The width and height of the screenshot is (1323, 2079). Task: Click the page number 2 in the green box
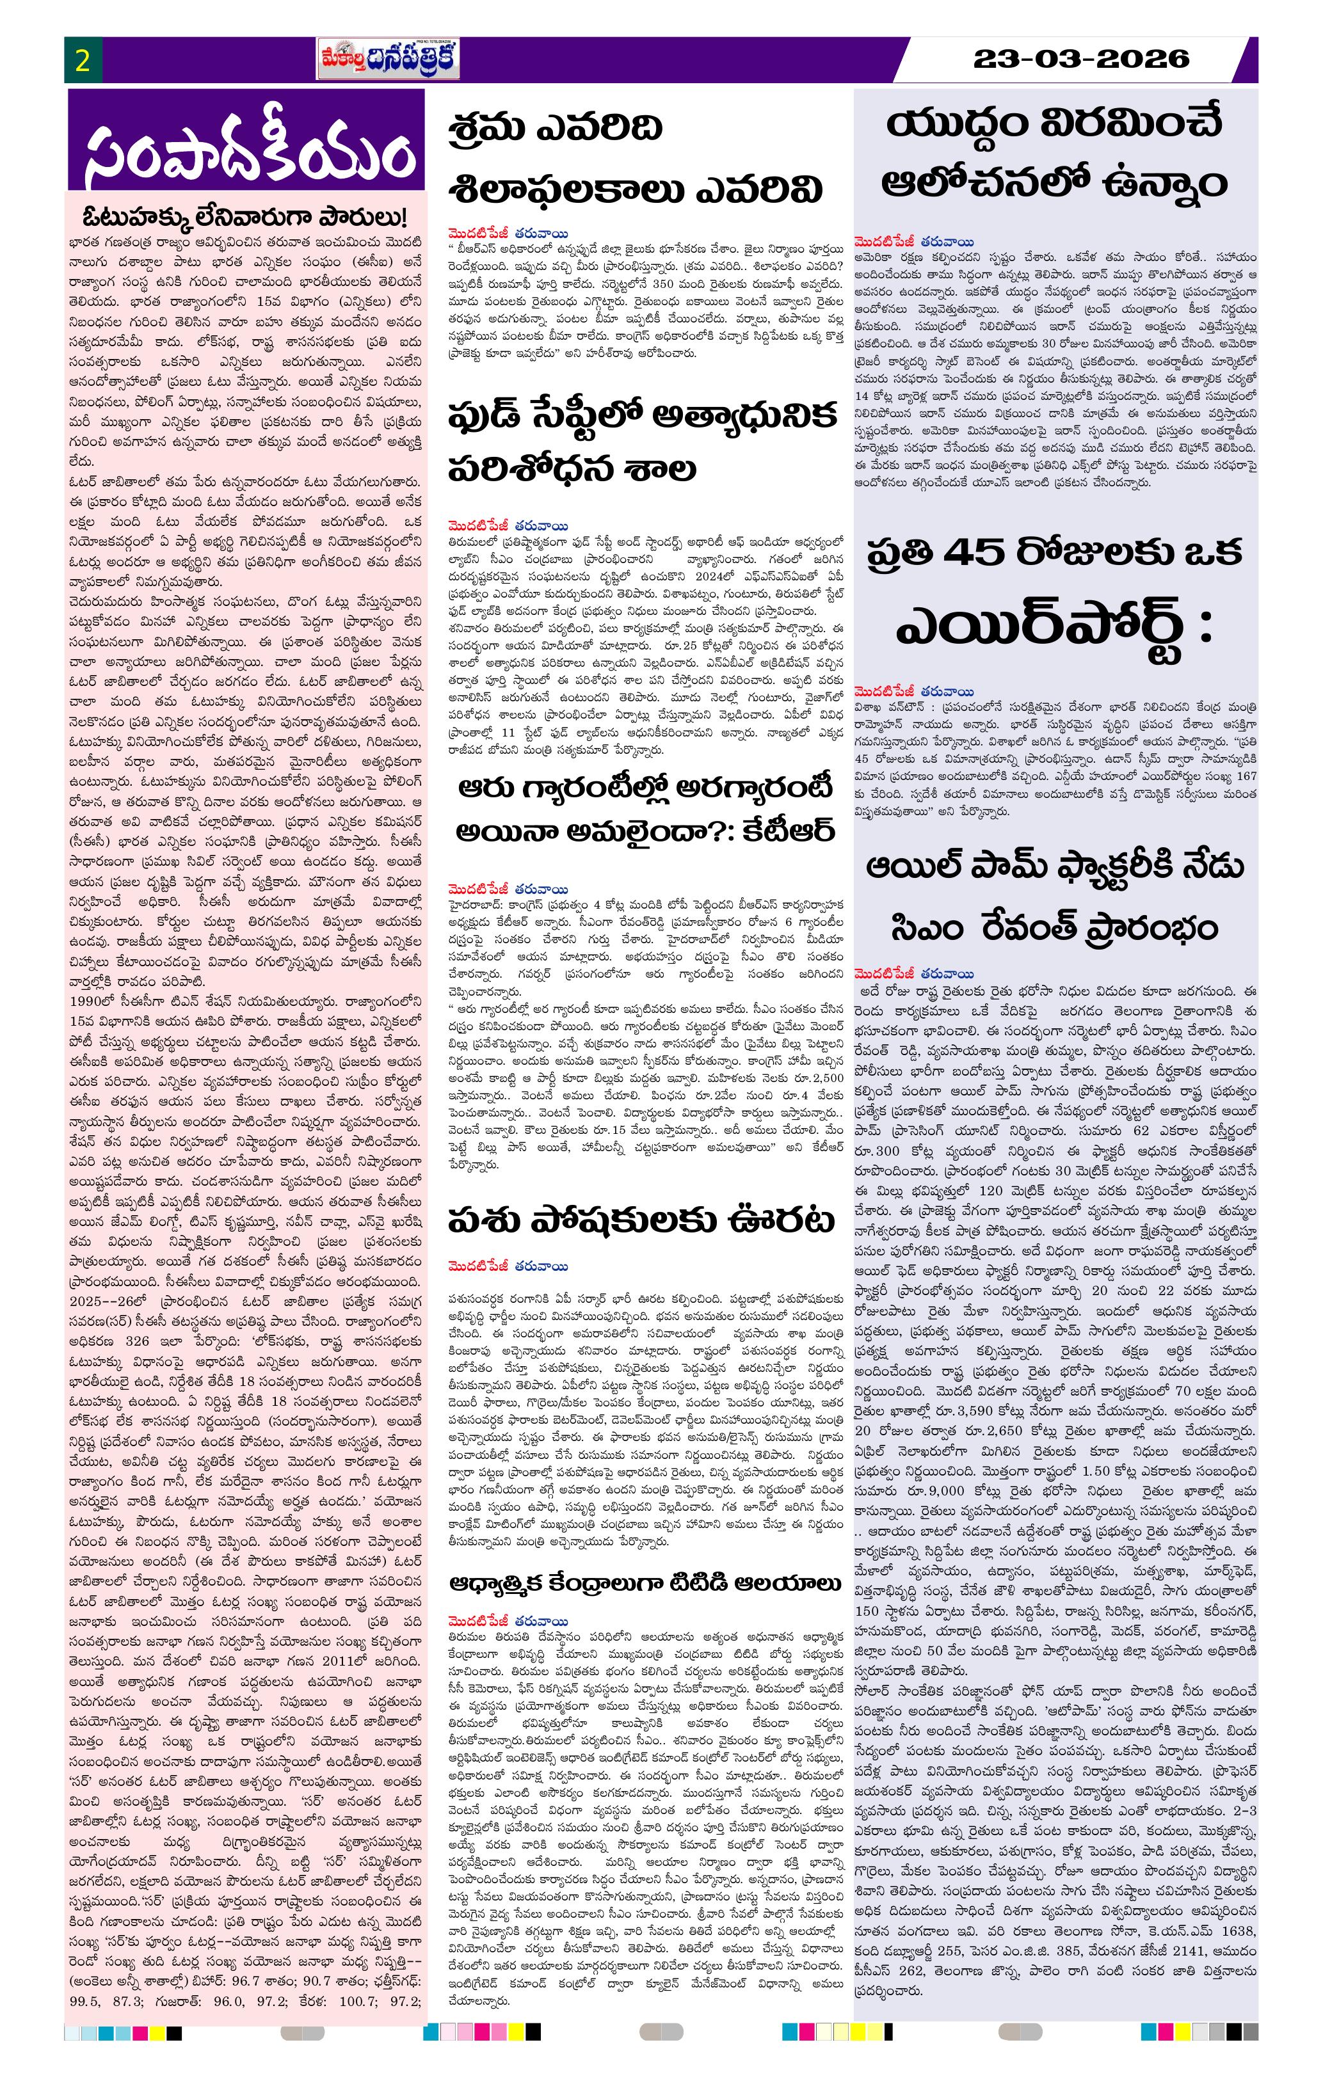pos(83,60)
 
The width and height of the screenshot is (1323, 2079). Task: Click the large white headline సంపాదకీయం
pos(247,153)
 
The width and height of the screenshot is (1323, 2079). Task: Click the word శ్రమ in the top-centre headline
pos(485,129)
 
